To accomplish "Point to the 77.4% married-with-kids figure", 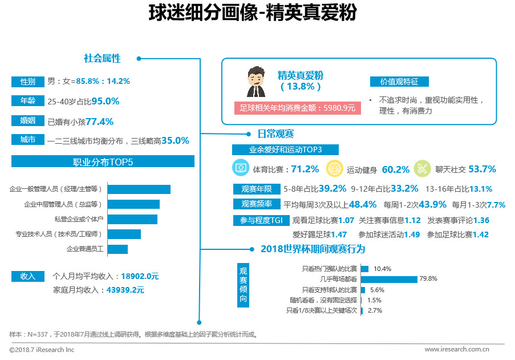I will tap(99, 122).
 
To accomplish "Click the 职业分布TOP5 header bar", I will tap(103, 162).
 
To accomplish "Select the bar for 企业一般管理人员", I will tap(139, 189).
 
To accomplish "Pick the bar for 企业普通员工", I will tap(117, 249).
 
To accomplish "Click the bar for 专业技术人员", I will tap(124, 234).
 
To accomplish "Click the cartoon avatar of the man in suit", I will tap(256, 82).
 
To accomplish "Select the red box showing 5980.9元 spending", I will tap(297, 107).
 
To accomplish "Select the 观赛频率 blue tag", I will tap(256, 204).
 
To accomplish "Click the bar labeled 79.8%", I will tap(389, 279).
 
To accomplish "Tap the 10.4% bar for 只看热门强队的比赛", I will tap(364, 269).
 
